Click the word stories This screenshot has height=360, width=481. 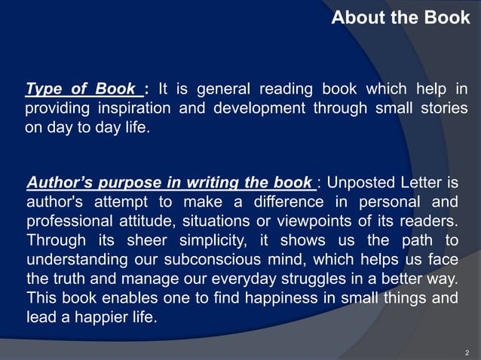(443, 108)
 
